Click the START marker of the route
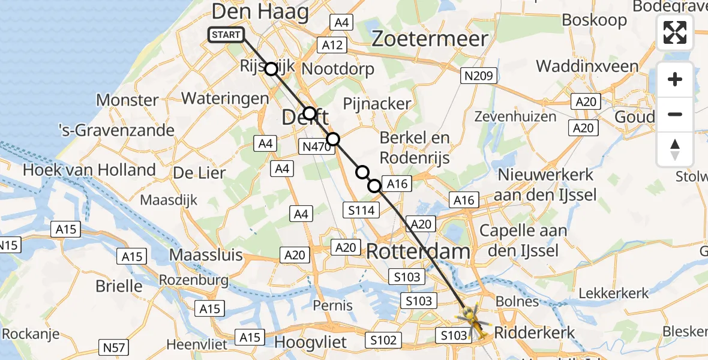226,35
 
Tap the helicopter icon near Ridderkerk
473,318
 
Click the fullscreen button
675,32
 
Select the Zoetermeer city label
429,39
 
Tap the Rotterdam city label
418,251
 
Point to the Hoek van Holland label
89,170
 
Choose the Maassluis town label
206,254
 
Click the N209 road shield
478,76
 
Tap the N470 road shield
316,146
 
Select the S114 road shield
362,210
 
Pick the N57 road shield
111,346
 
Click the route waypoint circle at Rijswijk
271,69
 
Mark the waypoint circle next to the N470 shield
332,139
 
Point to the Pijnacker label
377,103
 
